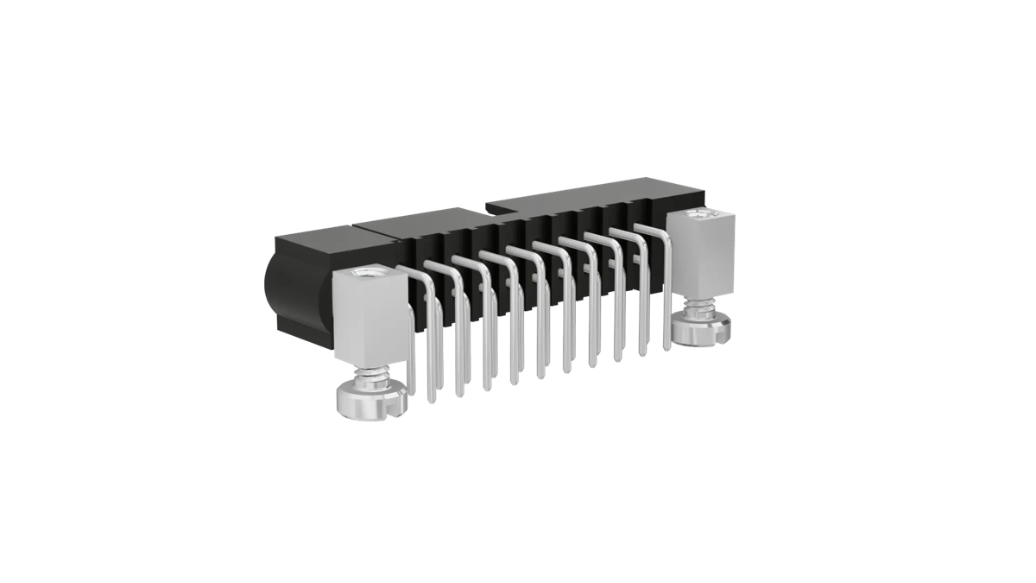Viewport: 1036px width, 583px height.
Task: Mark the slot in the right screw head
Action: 725,327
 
